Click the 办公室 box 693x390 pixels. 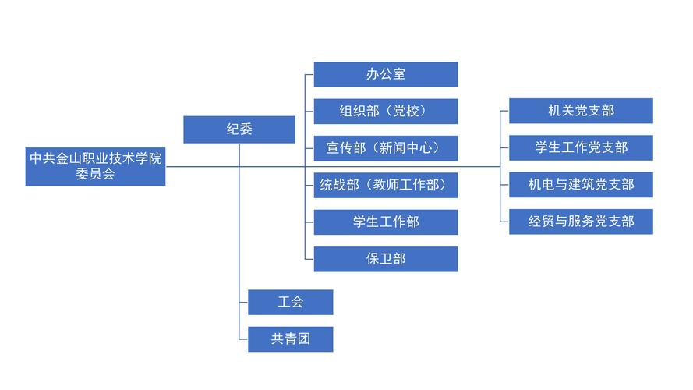pos(385,74)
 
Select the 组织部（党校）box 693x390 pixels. pos(385,111)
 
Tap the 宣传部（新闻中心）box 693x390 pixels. pos(385,147)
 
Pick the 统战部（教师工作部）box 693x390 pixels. pos(385,185)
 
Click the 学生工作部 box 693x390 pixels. pos(385,222)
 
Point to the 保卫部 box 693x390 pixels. pos(385,258)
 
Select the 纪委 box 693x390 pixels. pos(239,129)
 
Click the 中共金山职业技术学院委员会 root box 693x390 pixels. pos(95,166)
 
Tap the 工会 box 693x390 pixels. pos(290,302)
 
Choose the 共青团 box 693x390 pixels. pos(290,339)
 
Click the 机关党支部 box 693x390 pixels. pos(581,111)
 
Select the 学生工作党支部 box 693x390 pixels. pos(581,147)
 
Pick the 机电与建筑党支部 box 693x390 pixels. pos(581,185)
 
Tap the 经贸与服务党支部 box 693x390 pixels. pos(581,222)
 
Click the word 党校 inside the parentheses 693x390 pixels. pos(409,111)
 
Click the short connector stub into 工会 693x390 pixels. pos(244,302)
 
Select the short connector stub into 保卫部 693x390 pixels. pos(309,258)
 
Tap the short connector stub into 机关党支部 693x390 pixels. pos(504,111)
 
